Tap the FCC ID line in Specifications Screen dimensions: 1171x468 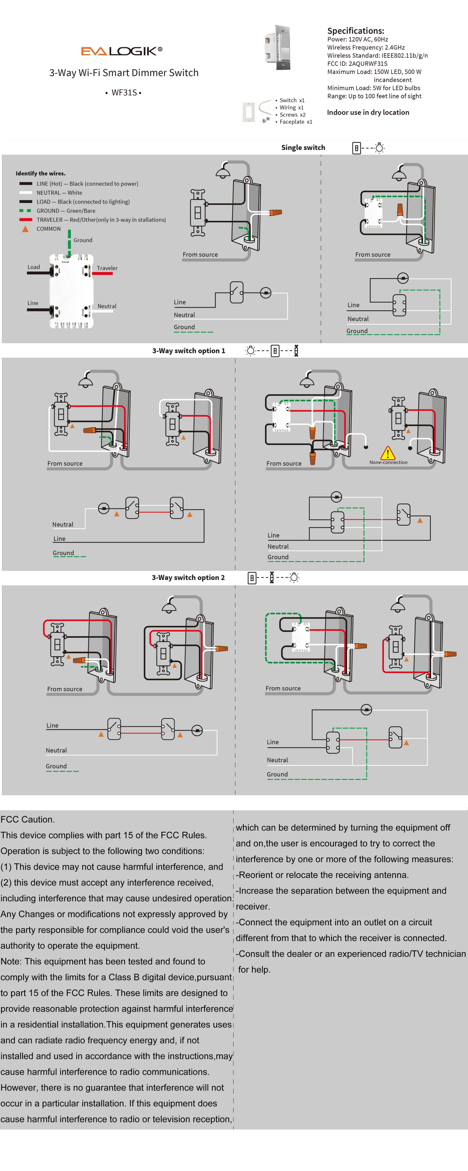357,64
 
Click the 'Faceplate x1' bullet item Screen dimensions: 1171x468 295,122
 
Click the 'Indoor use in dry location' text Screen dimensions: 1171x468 368,112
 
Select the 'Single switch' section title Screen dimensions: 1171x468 303,147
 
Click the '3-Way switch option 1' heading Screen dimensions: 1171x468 189,351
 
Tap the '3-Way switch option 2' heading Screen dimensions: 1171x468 188,577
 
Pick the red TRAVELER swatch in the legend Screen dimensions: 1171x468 25,220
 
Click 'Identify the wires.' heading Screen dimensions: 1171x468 40,173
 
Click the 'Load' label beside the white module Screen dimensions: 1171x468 34,267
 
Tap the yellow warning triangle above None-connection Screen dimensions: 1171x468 388,453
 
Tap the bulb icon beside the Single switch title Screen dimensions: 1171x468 380,148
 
